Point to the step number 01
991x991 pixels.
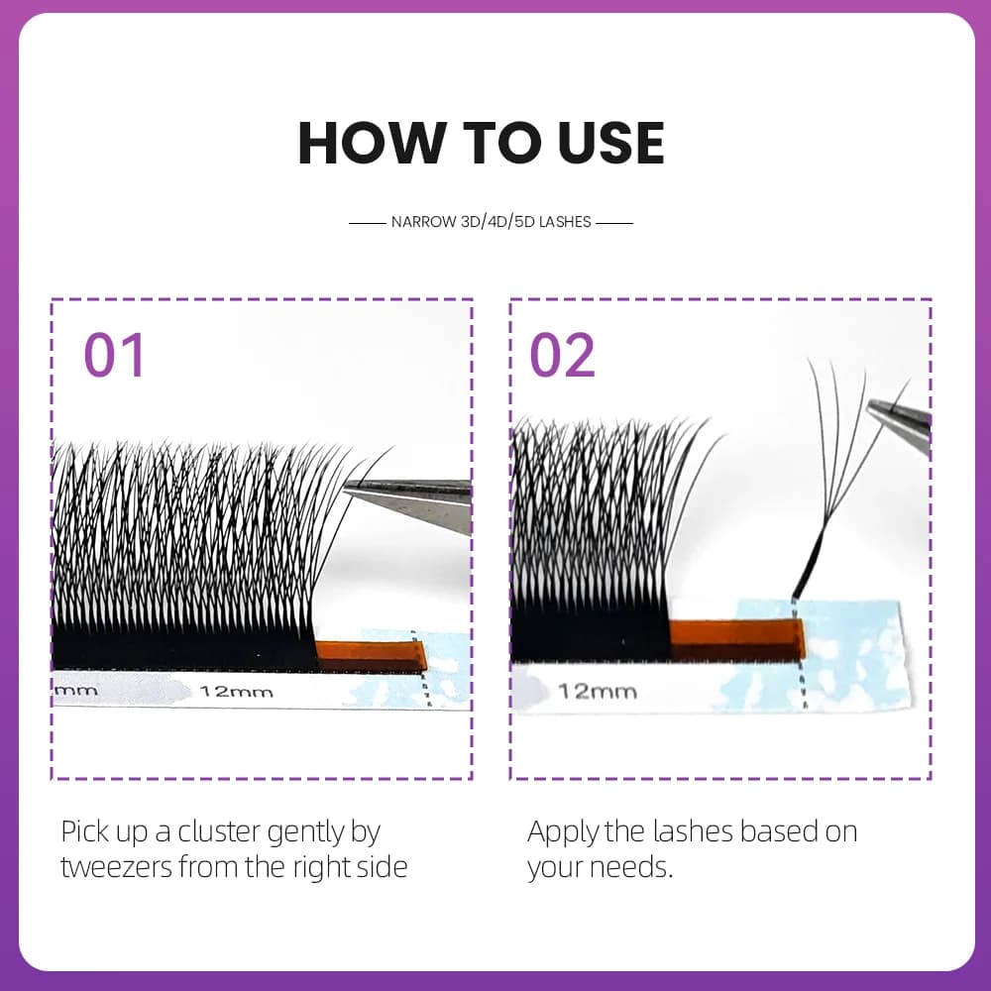[114, 355]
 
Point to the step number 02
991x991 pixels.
[562, 355]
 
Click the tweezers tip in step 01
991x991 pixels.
[346, 487]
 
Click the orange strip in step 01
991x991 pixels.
[371, 655]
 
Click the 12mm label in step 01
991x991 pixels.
[237, 692]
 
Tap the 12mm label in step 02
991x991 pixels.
[598, 691]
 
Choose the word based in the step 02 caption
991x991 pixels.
[779, 831]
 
